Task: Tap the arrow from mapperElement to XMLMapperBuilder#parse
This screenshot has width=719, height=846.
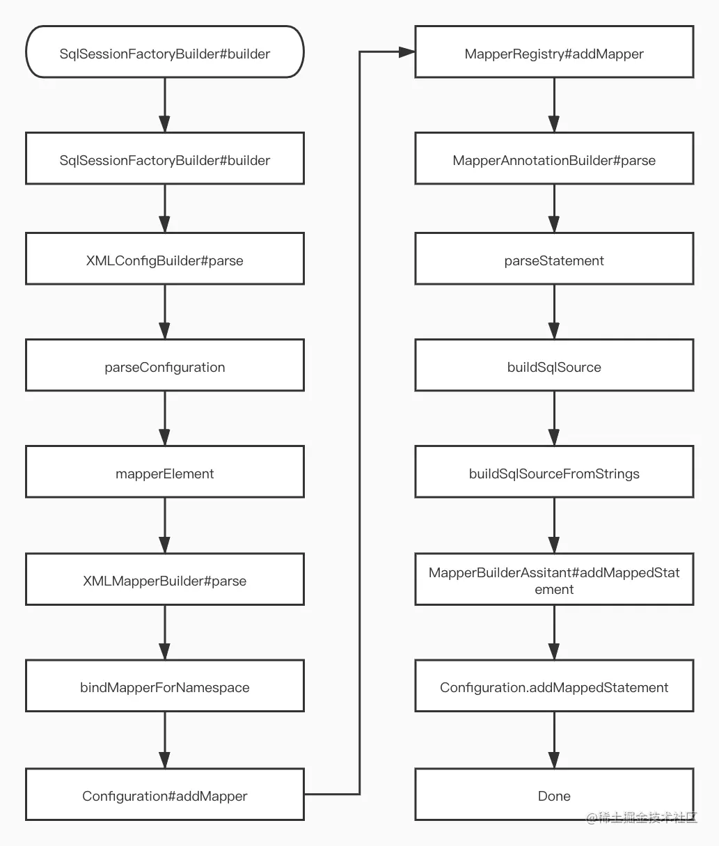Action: [165, 526]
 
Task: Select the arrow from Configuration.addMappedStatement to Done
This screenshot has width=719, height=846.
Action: [554, 740]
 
